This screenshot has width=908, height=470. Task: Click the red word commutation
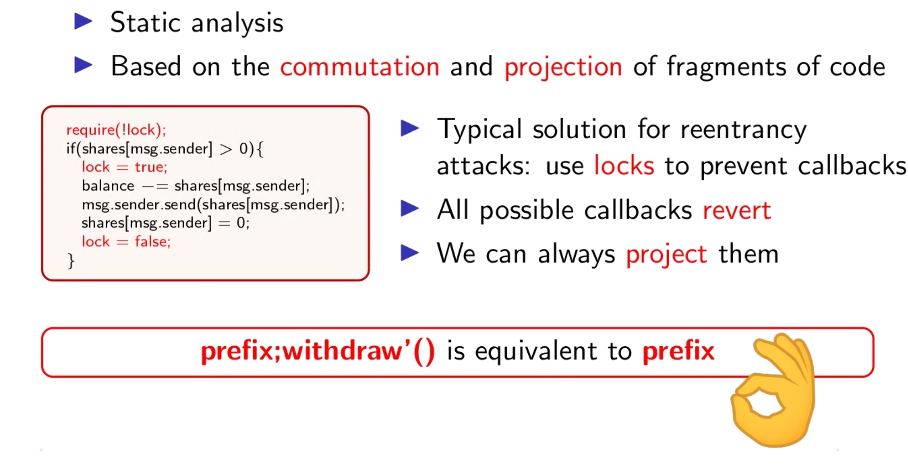(x=360, y=67)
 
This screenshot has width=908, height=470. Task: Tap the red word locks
(x=624, y=166)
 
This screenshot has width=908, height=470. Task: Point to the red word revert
(x=737, y=211)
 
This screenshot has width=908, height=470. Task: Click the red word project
(x=666, y=255)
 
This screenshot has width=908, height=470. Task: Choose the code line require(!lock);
(x=116, y=130)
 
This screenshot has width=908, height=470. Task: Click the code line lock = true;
(x=124, y=167)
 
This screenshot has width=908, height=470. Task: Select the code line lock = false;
(x=126, y=242)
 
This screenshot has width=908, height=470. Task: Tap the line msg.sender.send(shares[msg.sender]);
(x=213, y=204)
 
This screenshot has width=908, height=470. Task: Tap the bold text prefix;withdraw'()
(x=318, y=351)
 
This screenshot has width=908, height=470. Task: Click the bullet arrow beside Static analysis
(x=83, y=21)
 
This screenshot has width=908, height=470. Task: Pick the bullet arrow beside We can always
(x=409, y=252)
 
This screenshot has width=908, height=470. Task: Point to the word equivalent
(x=536, y=351)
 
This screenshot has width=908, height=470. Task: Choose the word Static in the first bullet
(x=145, y=22)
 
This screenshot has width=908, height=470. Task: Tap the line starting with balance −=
(x=196, y=186)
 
